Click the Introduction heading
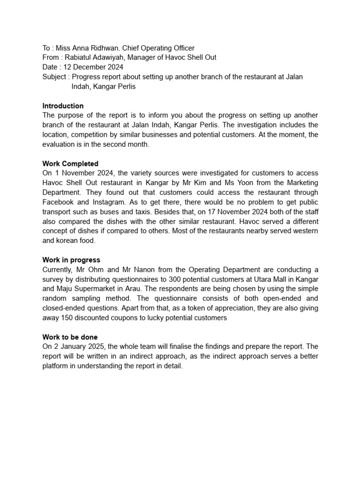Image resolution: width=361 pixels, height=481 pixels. coord(63,106)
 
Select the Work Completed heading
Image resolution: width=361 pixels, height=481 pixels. coord(71,163)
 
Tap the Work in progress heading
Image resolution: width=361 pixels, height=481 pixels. coord(71,260)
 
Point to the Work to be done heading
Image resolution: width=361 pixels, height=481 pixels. coord(70,337)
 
